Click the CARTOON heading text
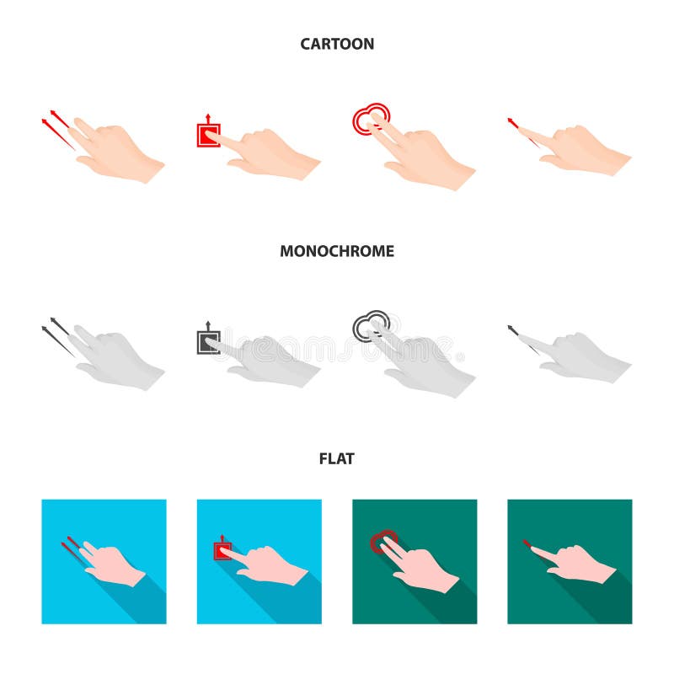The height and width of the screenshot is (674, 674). pyautogui.click(x=337, y=44)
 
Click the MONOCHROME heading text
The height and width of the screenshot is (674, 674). pyautogui.click(x=337, y=251)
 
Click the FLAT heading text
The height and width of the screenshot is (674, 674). pyautogui.click(x=337, y=458)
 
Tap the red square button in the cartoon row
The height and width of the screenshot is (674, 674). pyautogui.click(x=207, y=135)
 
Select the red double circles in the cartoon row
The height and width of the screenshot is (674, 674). pyautogui.click(x=371, y=119)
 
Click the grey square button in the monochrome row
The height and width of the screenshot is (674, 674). pyautogui.click(x=207, y=341)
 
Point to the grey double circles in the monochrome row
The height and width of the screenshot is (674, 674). pyautogui.click(x=371, y=326)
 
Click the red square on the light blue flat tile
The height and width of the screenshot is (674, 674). pyautogui.click(x=222, y=551)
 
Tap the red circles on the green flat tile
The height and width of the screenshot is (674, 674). pyautogui.click(x=383, y=539)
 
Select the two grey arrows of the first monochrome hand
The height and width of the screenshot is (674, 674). pyautogui.click(x=56, y=334)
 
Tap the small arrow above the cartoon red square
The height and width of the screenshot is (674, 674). pyautogui.click(x=207, y=116)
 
